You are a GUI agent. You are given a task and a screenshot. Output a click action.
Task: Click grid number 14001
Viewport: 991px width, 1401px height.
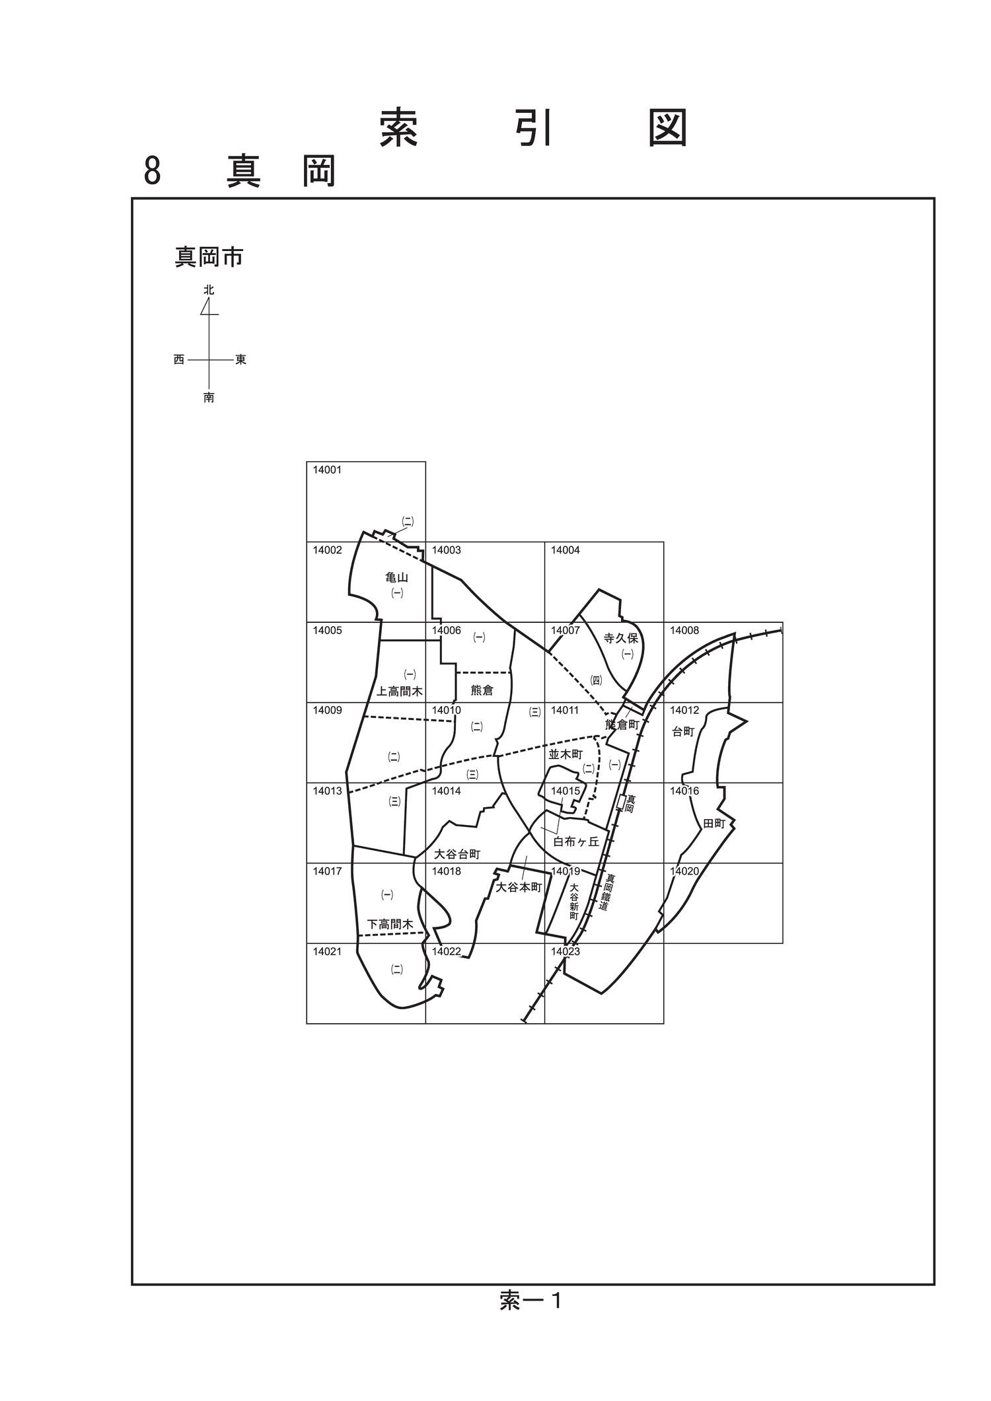[x=327, y=470]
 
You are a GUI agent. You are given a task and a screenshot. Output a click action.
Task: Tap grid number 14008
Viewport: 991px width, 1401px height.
[x=684, y=631]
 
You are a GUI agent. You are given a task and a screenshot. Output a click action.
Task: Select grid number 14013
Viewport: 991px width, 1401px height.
[x=327, y=791]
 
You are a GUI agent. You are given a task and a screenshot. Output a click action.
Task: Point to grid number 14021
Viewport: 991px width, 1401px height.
[x=327, y=952]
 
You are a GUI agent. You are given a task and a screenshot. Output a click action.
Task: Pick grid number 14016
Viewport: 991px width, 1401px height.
[x=684, y=791]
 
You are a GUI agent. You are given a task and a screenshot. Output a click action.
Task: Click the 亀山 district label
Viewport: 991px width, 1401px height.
[x=397, y=577]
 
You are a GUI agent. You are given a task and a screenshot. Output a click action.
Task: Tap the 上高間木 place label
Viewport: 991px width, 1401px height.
[x=400, y=692]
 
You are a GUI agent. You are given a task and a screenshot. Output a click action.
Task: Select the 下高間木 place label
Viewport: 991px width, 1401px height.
[x=390, y=924]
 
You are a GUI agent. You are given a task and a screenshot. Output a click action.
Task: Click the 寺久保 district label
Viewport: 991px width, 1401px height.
[x=621, y=638]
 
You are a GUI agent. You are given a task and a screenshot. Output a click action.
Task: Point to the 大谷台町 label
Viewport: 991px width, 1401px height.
[x=457, y=854]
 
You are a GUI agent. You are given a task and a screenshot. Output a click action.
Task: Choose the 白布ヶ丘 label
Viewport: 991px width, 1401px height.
[x=576, y=842]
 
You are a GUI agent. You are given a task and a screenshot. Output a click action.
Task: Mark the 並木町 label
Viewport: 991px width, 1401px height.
[x=566, y=754]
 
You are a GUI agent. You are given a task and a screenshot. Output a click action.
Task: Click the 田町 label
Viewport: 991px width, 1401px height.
[x=714, y=824]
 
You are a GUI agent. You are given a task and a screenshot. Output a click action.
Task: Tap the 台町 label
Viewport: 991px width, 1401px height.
[x=684, y=732]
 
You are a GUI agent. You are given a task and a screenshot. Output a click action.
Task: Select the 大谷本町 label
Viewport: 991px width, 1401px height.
[x=519, y=887]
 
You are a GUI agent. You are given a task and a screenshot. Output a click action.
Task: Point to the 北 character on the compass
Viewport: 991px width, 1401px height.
[x=209, y=290]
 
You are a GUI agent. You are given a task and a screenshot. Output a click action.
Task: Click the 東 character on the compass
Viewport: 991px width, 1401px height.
[x=241, y=360]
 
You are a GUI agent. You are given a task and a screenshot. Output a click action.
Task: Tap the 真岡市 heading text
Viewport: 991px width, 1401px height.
[x=209, y=257]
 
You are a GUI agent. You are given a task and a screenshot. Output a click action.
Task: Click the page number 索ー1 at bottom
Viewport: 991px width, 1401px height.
[x=531, y=1301]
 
